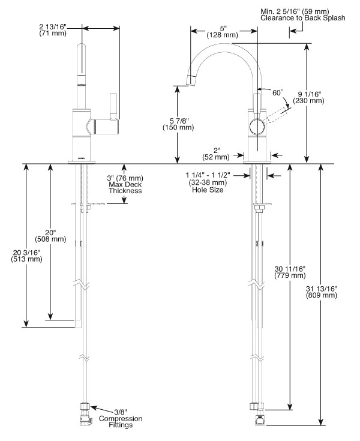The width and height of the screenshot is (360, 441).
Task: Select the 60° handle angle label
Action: coord(277,93)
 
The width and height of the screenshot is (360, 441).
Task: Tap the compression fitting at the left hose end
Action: coord(84,415)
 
